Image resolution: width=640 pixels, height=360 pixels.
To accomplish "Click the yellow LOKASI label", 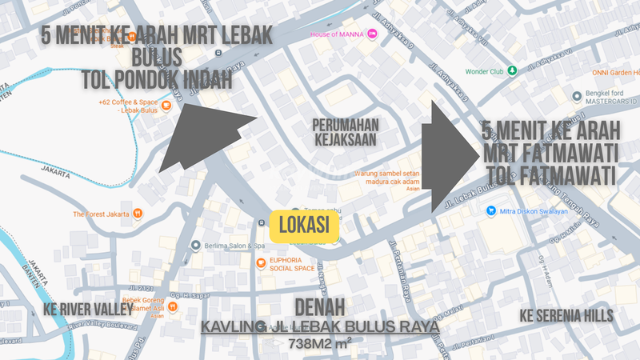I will point(306,226).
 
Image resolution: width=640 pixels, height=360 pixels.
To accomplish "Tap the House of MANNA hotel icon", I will point(373,35).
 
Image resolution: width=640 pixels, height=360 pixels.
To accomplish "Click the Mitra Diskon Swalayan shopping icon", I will point(490,211).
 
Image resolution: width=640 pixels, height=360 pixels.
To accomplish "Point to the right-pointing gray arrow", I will point(448,157).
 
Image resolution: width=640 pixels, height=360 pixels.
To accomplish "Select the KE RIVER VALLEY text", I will point(88,309).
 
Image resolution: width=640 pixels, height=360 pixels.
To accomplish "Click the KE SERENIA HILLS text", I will point(566,315).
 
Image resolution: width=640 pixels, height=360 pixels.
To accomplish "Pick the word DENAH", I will point(320,308).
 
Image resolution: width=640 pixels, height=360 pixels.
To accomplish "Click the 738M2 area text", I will point(319,343).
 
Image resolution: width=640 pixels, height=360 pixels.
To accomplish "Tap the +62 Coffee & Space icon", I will point(166,104).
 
